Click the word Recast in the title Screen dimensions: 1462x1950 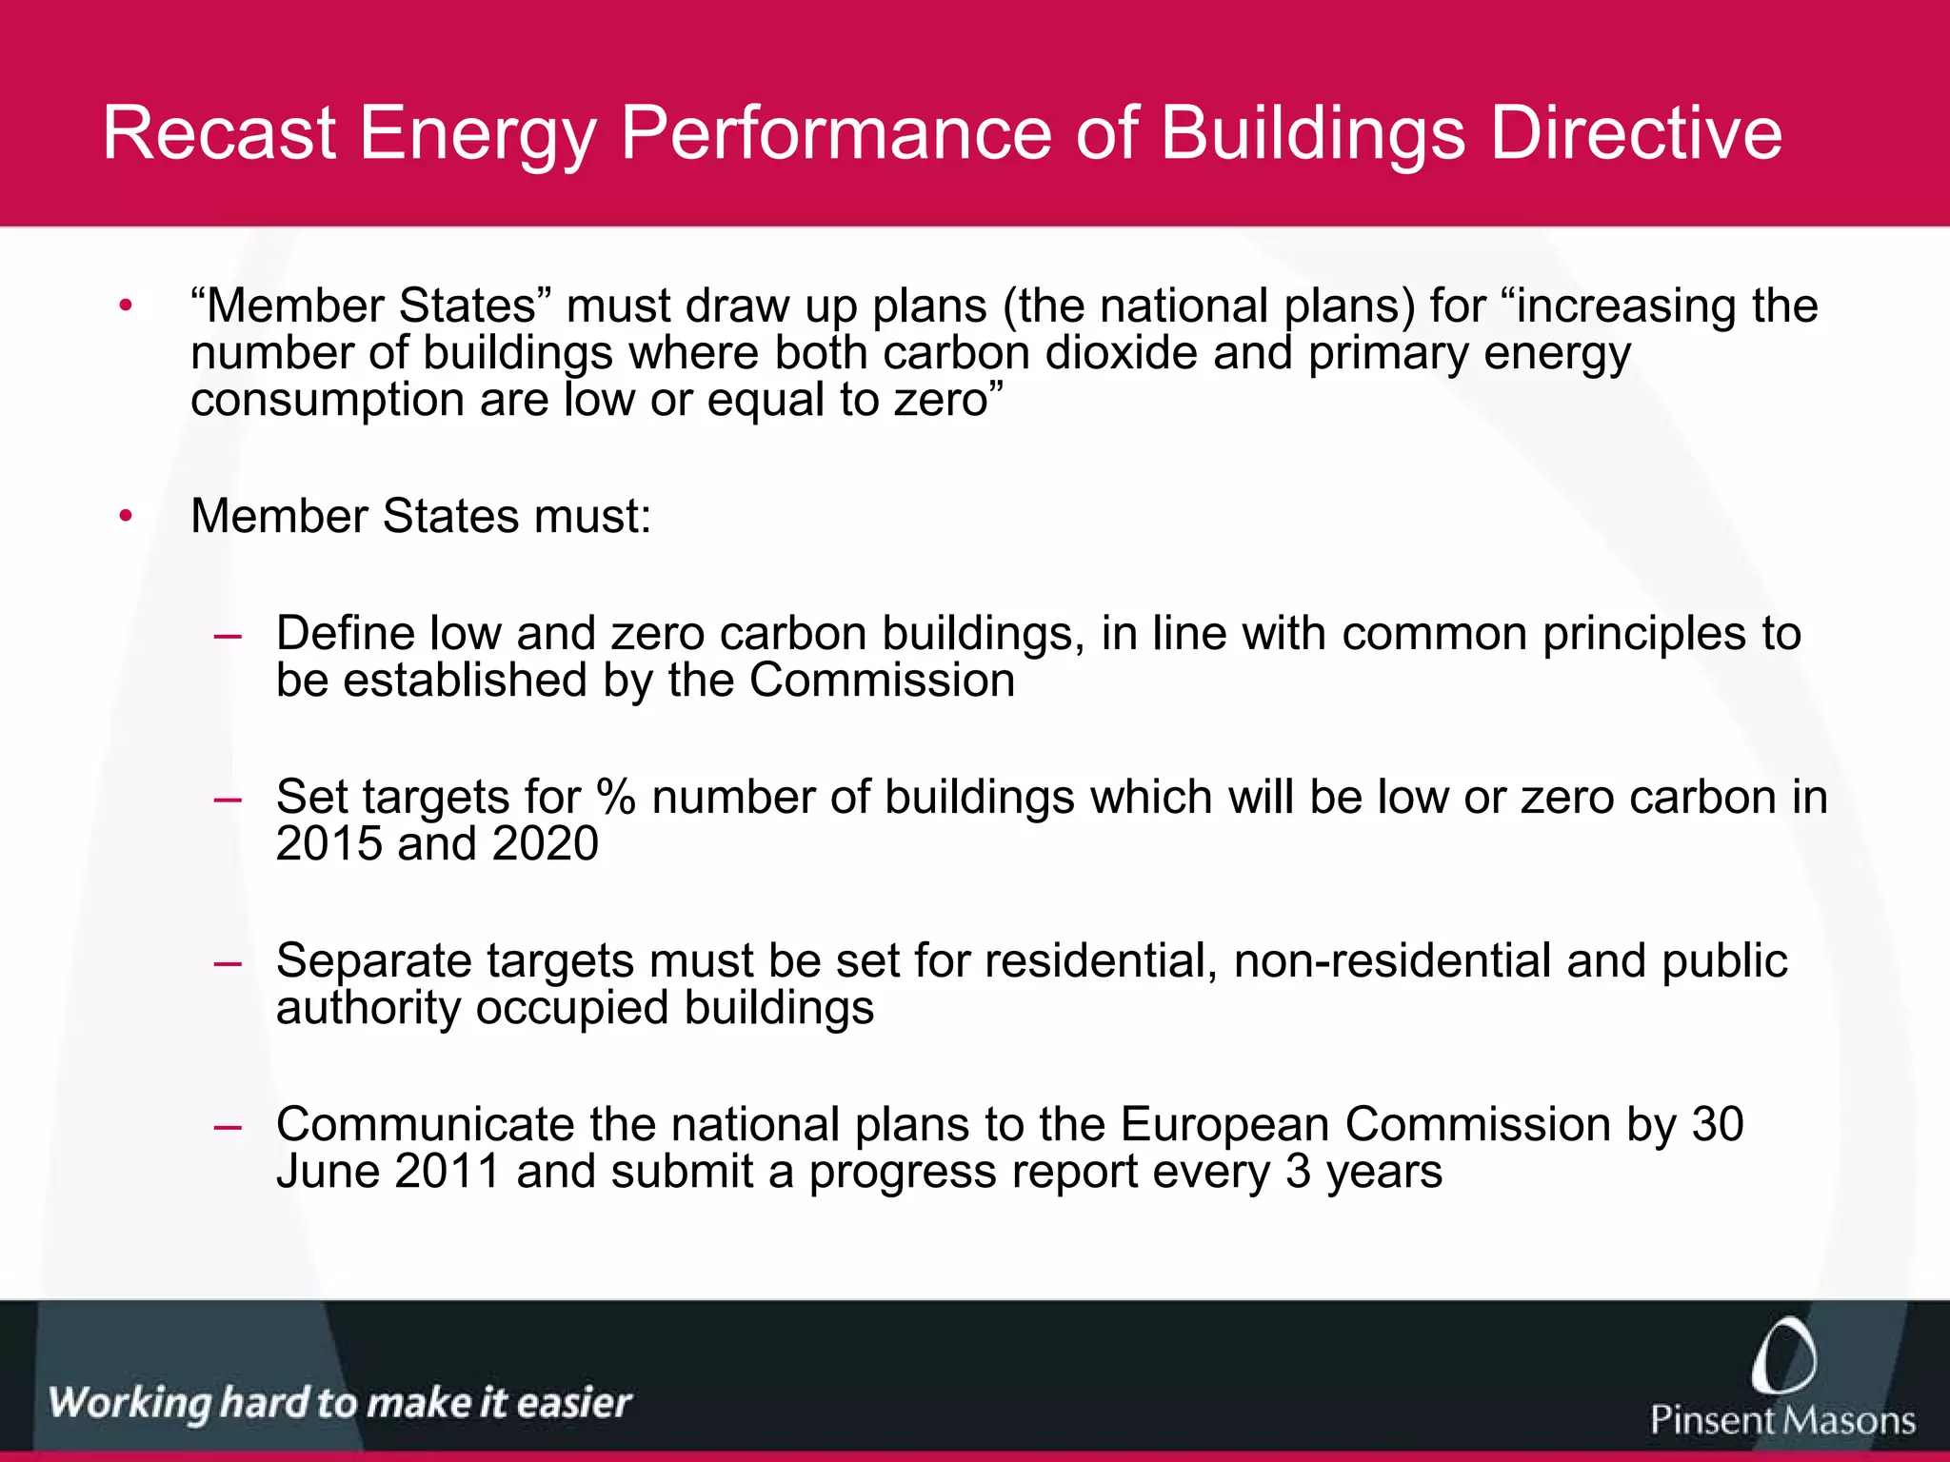[x=219, y=133]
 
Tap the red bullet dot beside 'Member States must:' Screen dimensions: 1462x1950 [x=126, y=517]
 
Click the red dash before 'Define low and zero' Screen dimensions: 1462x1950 [x=228, y=636]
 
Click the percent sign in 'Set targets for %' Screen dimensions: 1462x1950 [x=616, y=797]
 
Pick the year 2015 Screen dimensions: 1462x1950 [x=328, y=843]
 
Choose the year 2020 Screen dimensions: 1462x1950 [x=546, y=843]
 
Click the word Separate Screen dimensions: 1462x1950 [x=373, y=961]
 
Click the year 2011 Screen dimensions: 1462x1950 [x=447, y=1172]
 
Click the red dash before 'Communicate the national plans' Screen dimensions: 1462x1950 [x=228, y=1127]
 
